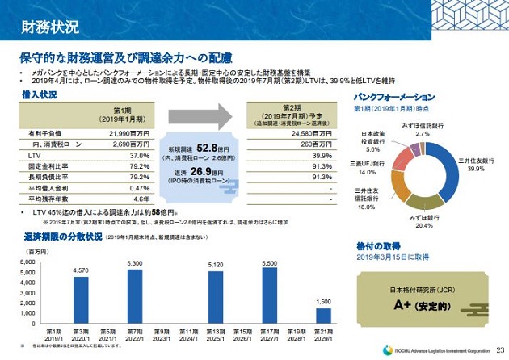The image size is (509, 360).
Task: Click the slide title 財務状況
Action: coord(49,27)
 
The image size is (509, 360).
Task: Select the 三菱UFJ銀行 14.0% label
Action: coord(368,167)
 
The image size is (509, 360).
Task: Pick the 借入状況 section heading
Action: coord(40,95)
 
